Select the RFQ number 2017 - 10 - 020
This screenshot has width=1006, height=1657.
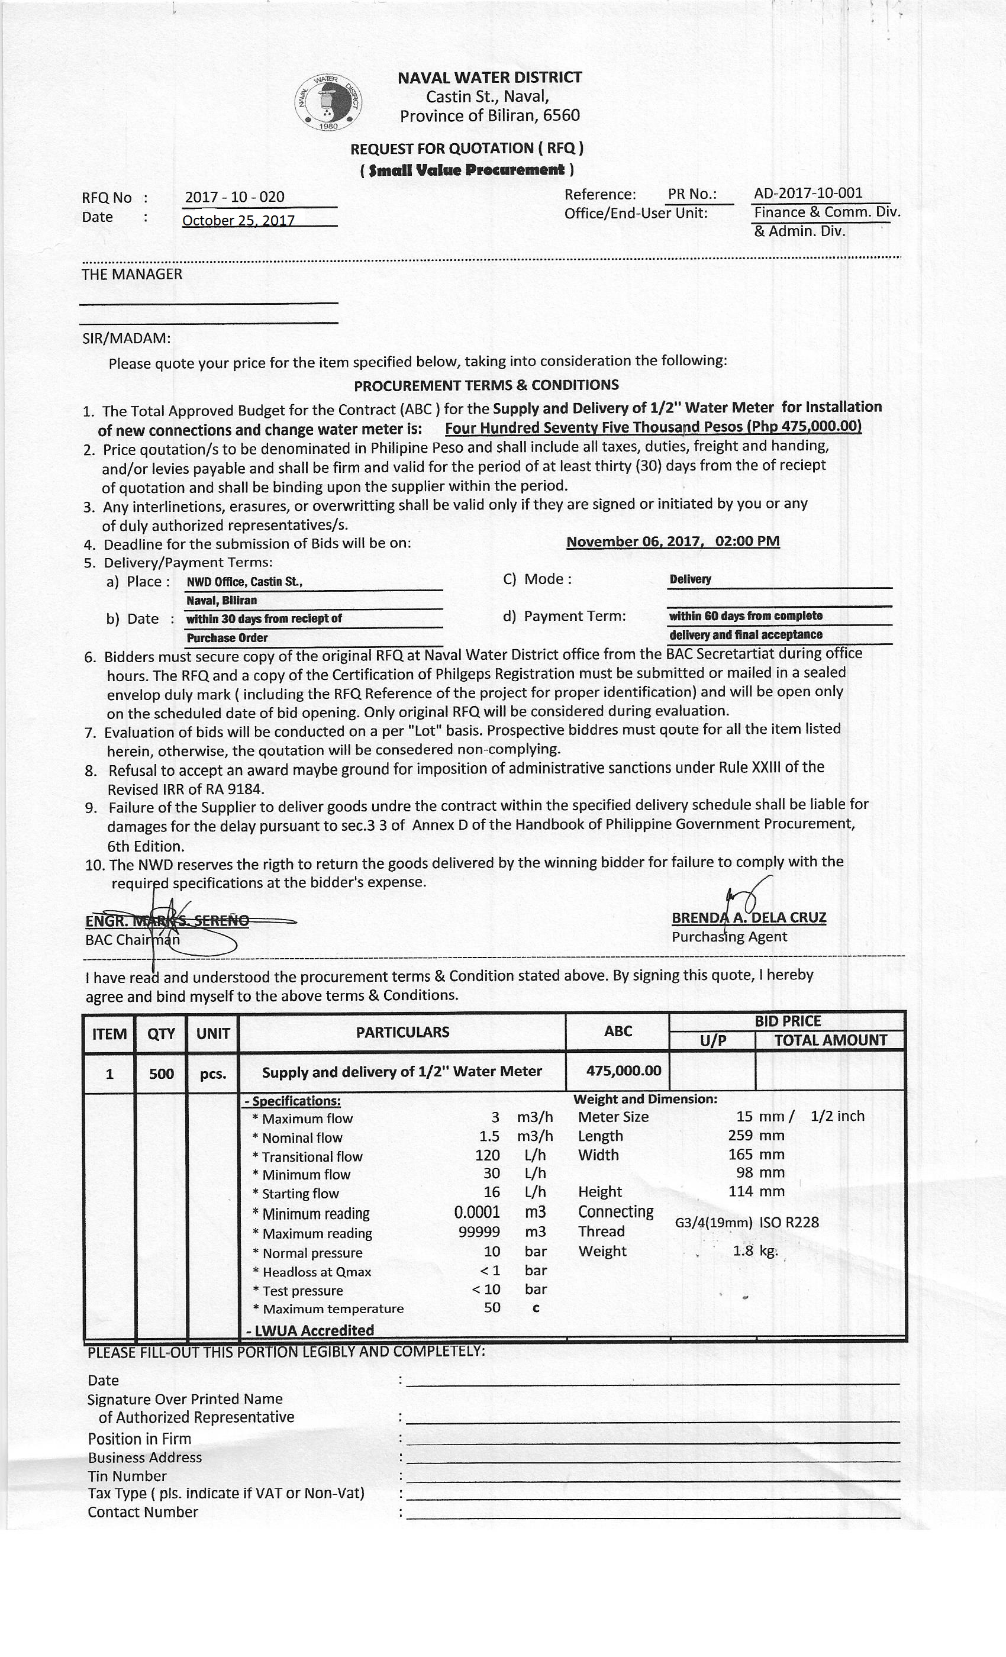(x=235, y=197)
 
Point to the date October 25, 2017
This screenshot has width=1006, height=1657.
(x=238, y=221)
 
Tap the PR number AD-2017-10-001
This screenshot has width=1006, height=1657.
(x=808, y=194)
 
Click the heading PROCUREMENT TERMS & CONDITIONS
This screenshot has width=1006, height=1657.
(x=486, y=385)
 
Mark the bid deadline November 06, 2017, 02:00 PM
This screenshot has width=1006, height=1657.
(x=672, y=541)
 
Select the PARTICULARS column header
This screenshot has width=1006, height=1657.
(x=402, y=1032)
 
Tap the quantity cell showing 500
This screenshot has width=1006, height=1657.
(x=162, y=1073)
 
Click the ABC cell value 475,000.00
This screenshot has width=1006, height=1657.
(x=623, y=1071)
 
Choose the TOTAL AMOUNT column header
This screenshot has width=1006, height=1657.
(x=830, y=1040)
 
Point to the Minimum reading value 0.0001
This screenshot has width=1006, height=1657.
(x=477, y=1213)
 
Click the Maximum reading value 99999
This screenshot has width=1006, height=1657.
(x=479, y=1232)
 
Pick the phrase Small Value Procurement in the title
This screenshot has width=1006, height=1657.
(x=467, y=169)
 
